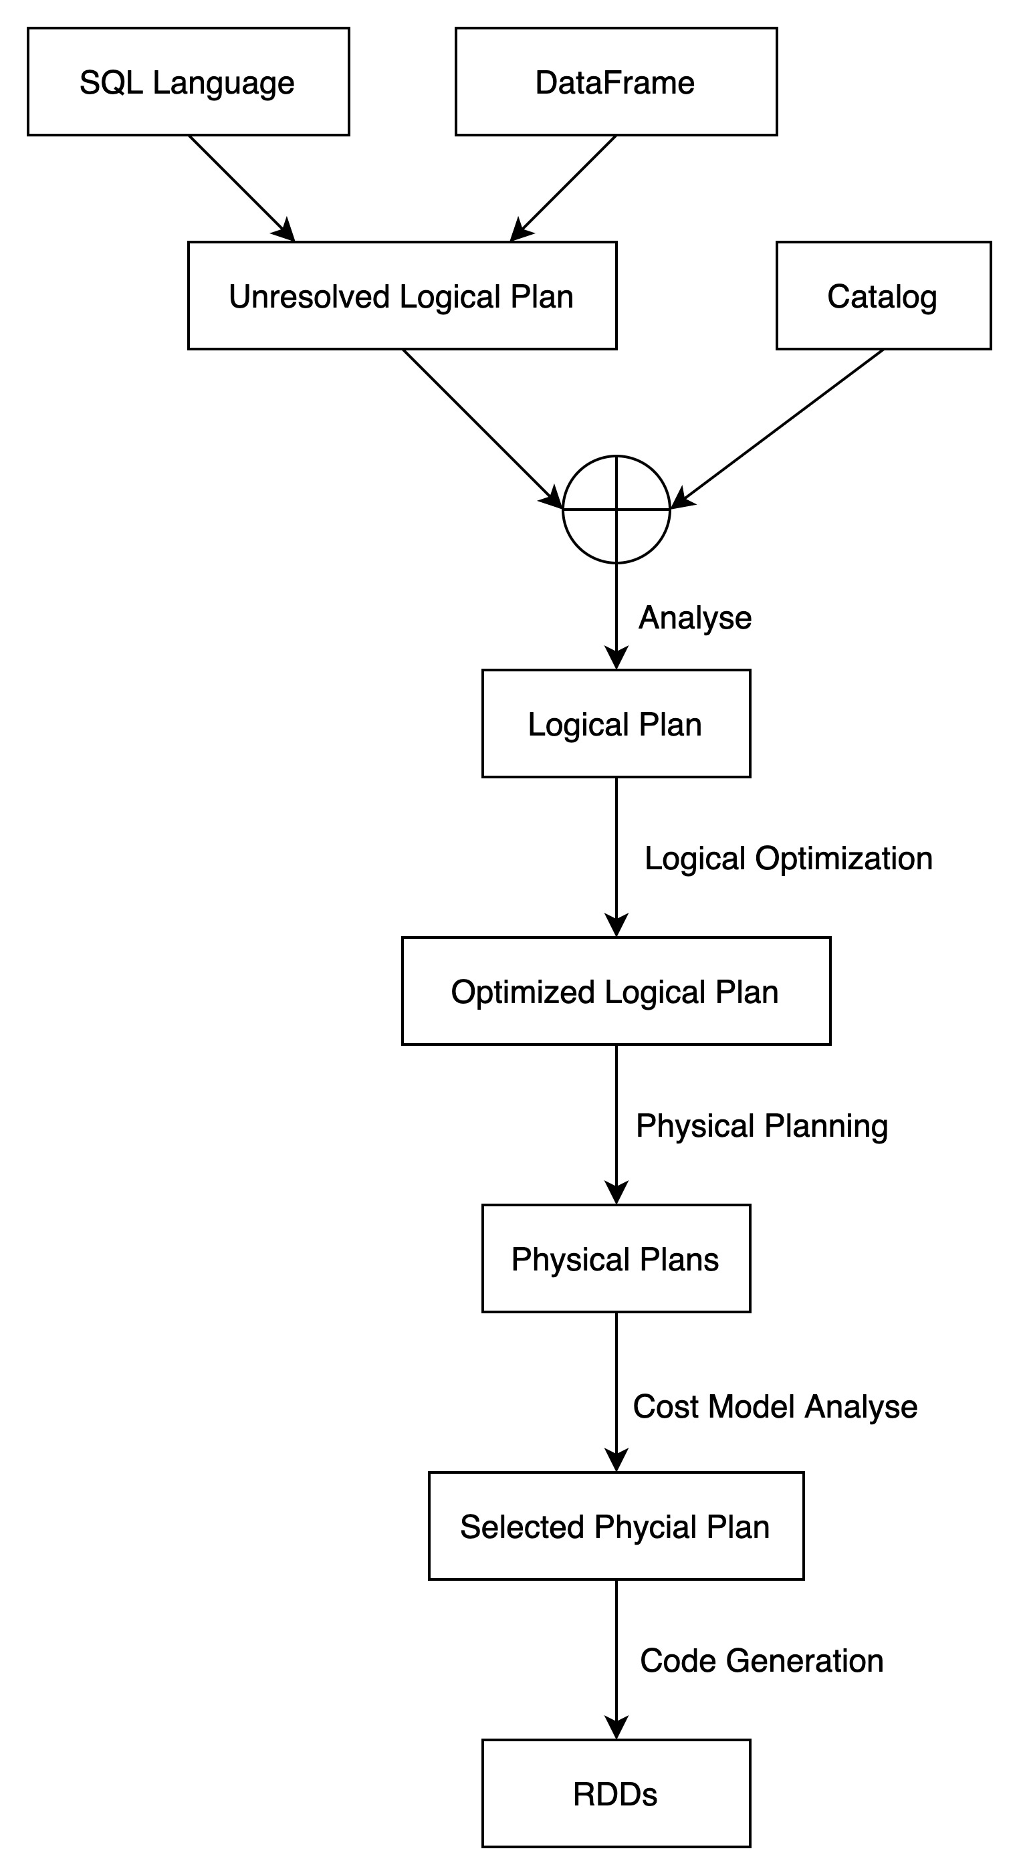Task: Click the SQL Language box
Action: click(189, 82)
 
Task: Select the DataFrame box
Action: click(616, 82)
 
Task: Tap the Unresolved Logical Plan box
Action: click(403, 296)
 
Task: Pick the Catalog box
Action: click(884, 296)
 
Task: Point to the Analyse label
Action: click(695, 618)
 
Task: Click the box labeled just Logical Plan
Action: click(616, 724)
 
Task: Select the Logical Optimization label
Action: click(789, 859)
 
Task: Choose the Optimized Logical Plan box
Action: click(616, 992)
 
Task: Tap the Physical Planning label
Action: click(762, 1126)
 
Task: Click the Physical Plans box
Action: click(616, 1258)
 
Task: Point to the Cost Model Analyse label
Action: click(775, 1407)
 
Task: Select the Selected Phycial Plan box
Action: click(616, 1527)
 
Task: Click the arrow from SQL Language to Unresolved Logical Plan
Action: click(241, 189)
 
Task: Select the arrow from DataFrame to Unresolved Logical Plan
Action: click(562, 189)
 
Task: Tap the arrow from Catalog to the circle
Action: click(777, 429)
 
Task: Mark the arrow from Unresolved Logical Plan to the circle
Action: click(483, 429)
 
